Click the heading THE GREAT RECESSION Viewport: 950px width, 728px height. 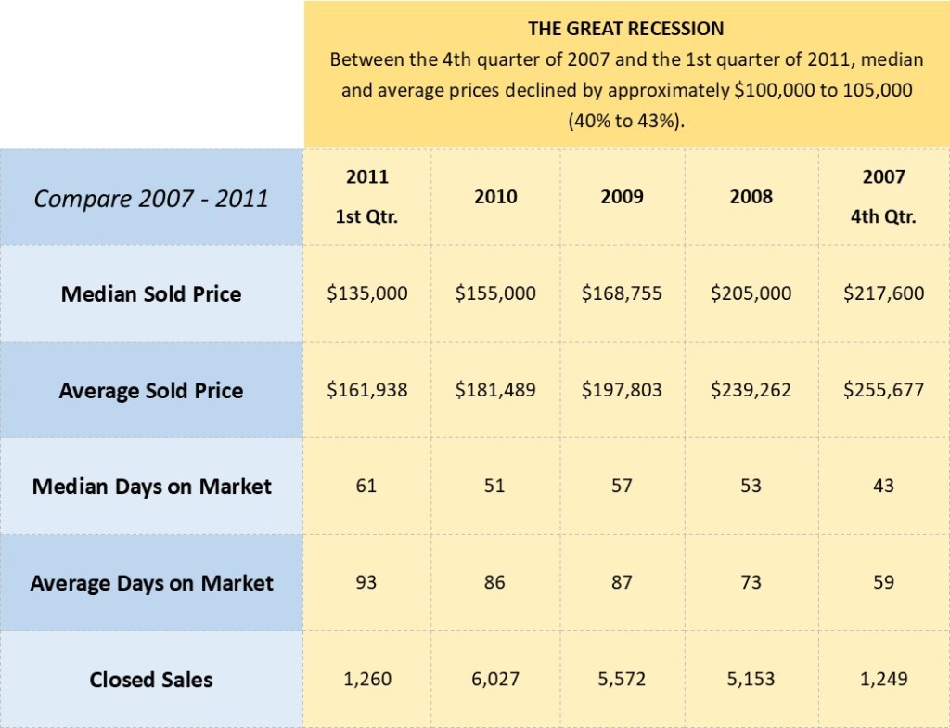pyautogui.click(x=626, y=29)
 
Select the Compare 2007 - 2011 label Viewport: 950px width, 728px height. pyautogui.click(x=151, y=198)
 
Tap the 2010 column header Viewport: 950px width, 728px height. pyautogui.click(x=495, y=197)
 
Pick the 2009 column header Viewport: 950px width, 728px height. pyautogui.click(x=622, y=197)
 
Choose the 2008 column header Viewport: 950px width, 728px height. pyautogui.click(x=751, y=197)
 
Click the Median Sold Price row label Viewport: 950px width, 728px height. pyautogui.click(x=151, y=294)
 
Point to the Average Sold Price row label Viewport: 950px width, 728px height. pyautogui.click(x=151, y=391)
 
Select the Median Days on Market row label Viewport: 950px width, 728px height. pyautogui.click(x=151, y=487)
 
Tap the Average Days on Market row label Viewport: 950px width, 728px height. pyautogui.click(x=151, y=583)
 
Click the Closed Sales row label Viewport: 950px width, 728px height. pyautogui.click(x=151, y=680)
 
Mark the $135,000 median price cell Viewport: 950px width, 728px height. pyautogui.click(x=367, y=293)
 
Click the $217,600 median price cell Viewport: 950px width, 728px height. pyautogui.click(x=883, y=293)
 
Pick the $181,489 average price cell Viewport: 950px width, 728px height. pyautogui.click(x=495, y=390)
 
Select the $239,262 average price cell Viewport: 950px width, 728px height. pyautogui.click(x=751, y=390)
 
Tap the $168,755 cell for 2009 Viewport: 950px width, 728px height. pyautogui.click(x=622, y=293)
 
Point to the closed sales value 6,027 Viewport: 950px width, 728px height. pyautogui.click(x=495, y=680)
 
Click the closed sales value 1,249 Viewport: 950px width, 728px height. pyautogui.click(x=883, y=680)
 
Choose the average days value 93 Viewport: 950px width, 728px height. pyautogui.click(x=366, y=583)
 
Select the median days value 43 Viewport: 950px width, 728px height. pyautogui.click(x=883, y=487)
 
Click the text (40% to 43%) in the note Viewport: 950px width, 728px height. pyautogui.click(x=626, y=122)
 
